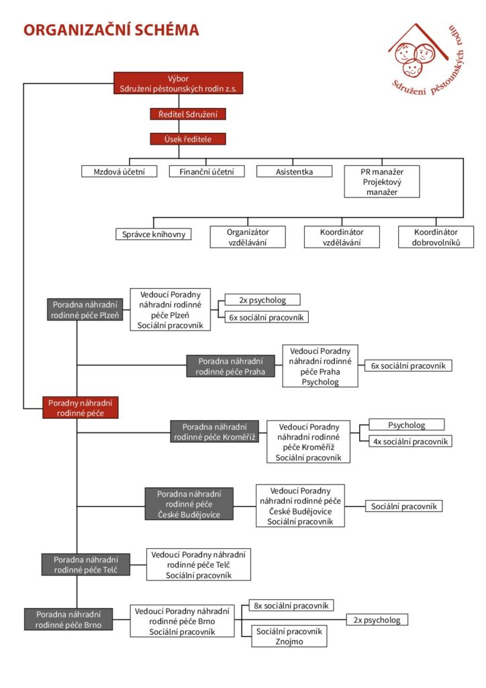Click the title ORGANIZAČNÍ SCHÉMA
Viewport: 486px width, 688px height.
[x=111, y=30]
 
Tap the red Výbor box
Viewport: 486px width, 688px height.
[x=179, y=83]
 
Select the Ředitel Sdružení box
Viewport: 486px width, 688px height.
[x=188, y=114]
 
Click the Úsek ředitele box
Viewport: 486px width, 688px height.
[x=188, y=139]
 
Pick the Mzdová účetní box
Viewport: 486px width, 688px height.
[x=119, y=171]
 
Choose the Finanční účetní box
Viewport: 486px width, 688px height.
[x=207, y=171]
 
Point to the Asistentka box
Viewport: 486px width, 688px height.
[x=295, y=171]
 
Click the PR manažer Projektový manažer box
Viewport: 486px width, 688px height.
[x=382, y=181]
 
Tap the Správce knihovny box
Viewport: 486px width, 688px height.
[x=154, y=234]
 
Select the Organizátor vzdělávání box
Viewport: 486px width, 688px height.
[x=248, y=237]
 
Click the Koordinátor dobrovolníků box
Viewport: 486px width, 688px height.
[x=436, y=237]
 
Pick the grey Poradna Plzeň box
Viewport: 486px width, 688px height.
[x=85, y=310]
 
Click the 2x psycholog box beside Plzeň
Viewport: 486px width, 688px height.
[x=262, y=300]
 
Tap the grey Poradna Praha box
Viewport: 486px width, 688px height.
[x=231, y=366]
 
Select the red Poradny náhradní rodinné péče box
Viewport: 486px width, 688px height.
[x=80, y=408]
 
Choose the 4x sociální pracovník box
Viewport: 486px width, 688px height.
[x=411, y=441]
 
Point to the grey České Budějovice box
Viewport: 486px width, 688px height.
[x=189, y=504]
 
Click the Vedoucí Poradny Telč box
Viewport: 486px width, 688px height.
[x=199, y=564]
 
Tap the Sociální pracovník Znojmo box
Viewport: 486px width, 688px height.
[x=289, y=636]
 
